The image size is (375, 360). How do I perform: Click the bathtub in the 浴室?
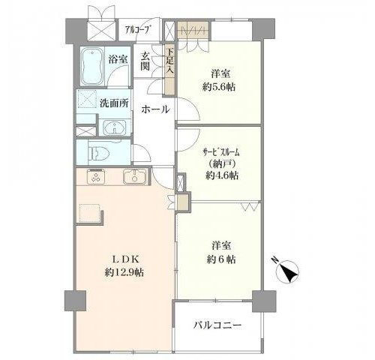click(91, 67)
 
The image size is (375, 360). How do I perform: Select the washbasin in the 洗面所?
click(115, 127)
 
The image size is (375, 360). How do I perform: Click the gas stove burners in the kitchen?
click(96, 177)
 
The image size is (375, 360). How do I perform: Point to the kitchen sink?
click(134, 177)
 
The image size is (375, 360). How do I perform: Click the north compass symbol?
click(286, 271)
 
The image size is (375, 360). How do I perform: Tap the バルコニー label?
click(217, 325)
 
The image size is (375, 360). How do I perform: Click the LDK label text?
click(124, 259)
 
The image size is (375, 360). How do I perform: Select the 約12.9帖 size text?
click(124, 272)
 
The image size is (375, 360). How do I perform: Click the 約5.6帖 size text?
click(219, 87)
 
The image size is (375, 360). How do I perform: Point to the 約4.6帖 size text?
click(222, 175)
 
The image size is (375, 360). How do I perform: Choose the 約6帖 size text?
click(221, 259)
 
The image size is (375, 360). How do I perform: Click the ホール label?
click(155, 109)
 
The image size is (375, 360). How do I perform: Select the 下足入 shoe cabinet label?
click(170, 61)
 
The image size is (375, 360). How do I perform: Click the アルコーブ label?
click(138, 30)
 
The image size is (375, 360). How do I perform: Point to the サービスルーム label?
click(221, 152)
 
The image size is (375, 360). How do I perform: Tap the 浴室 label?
click(118, 59)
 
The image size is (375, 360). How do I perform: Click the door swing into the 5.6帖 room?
click(188, 110)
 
